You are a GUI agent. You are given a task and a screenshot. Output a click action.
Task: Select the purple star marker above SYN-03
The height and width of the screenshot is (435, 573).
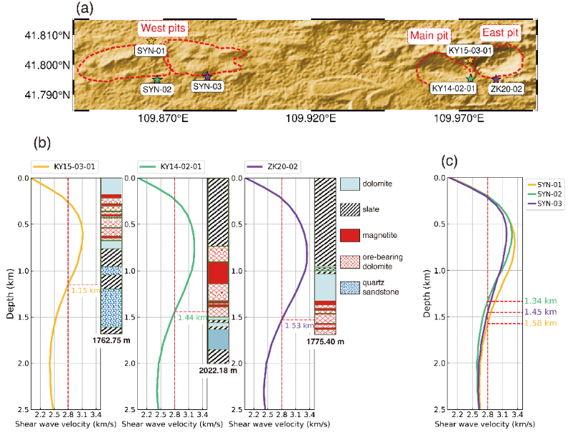pos(207,76)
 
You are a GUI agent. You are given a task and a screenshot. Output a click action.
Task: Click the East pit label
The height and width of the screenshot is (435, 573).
pos(500,33)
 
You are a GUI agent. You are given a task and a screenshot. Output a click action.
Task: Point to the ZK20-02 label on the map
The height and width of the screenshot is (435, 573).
pos(506,89)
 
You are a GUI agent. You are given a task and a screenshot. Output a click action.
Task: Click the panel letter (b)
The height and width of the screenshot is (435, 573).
pos(44,142)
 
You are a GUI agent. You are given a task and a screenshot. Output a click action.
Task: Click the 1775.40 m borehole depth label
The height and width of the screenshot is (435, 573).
pos(326,341)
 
